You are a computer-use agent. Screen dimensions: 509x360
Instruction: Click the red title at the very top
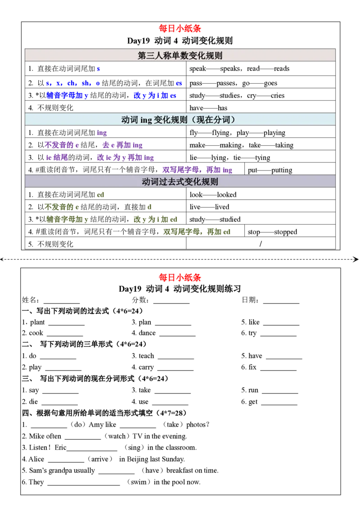click(x=180, y=29)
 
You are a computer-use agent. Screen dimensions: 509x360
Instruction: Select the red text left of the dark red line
click(x=180, y=278)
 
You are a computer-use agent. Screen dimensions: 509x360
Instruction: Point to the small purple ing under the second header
click(x=102, y=133)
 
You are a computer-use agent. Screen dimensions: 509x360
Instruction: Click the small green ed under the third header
click(x=101, y=195)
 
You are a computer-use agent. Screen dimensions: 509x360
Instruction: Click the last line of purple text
click(x=198, y=170)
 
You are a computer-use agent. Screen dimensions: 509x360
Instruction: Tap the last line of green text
click(x=201, y=232)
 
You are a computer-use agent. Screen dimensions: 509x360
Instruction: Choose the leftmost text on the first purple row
click(x=62, y=145)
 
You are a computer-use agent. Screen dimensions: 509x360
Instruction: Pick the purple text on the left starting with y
click(x=56, y=157)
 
